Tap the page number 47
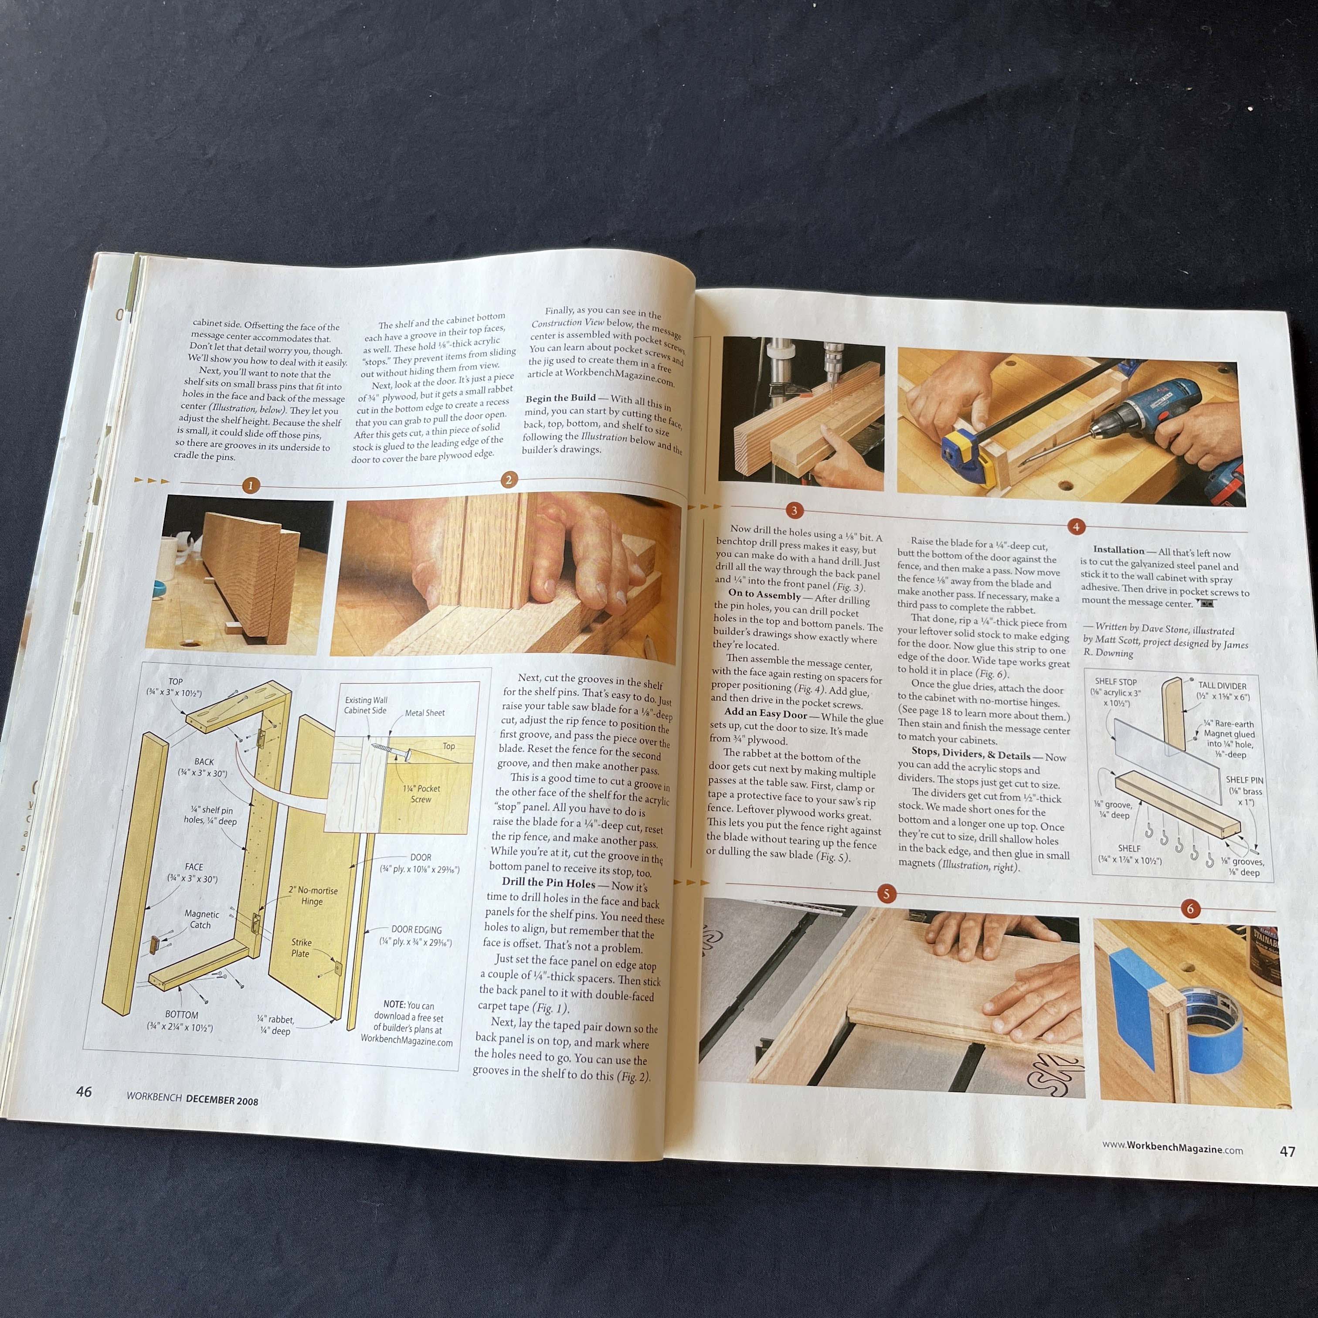[x=1287, y=1152]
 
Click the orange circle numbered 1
[x=250, y=486]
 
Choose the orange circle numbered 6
[x=1190, y=909]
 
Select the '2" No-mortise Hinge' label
[x=313, y=896]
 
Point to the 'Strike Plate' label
[x=301, y=948]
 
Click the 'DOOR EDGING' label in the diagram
[x=416, y=930]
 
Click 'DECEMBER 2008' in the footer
[x=222, y=1101]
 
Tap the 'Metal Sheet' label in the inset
[x=425, y=713]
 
